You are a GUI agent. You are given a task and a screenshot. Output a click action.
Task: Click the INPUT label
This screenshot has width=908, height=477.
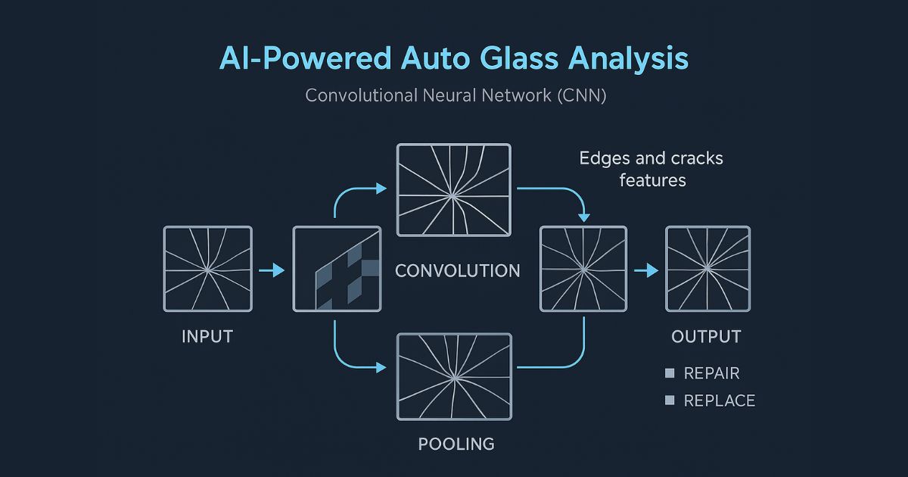(x=207, y=336)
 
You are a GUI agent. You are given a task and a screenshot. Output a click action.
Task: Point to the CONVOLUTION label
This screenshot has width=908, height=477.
(x=458, y=270)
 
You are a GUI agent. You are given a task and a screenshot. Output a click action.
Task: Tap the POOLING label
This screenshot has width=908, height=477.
(x=456, y=444)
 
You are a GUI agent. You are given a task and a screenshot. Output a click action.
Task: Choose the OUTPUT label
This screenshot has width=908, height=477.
(x=707, y=336)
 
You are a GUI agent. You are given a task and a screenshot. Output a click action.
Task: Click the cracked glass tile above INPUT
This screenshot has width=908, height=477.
(x=207, y=269)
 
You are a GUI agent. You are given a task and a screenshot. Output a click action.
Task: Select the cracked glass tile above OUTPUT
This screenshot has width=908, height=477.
(x=707, y=269)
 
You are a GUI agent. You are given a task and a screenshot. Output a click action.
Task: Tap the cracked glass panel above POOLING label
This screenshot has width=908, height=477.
(x=454, y=376)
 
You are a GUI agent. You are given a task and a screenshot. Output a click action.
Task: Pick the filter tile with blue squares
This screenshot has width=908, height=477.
(x=336, y=269)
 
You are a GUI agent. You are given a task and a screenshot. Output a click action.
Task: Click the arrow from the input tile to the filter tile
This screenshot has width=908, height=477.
(x=271, y=270)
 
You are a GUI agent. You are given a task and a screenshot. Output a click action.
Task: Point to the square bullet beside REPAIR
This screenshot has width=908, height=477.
(x=669, y=373)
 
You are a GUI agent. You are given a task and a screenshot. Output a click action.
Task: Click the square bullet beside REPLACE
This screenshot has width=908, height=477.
(x=669, y=401)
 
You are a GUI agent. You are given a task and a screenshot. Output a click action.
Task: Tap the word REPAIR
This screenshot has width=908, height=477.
(x=711, y=373)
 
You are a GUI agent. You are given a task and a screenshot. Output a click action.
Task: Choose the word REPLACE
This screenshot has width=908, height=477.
(x=719, y=401)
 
